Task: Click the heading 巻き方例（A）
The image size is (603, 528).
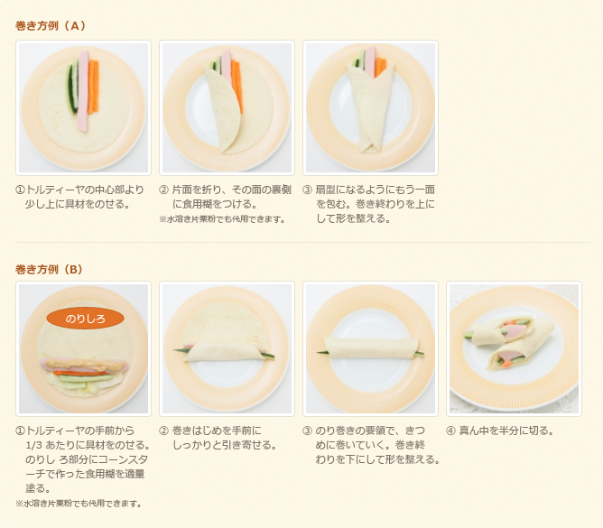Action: [51, 25]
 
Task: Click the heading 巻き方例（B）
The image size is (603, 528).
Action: [50, 269]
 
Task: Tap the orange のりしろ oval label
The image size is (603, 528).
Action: [85, 319]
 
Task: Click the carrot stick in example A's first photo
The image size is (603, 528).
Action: [94, 87]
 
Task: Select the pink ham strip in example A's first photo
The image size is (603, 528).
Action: [83, 90]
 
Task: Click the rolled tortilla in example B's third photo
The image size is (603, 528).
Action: [370, 347]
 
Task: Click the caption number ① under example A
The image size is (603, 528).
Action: [20, 190]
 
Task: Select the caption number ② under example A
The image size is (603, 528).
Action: [163, 190]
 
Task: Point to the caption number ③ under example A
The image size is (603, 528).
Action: [308, 190]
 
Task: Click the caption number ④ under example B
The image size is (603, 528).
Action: [451, 431]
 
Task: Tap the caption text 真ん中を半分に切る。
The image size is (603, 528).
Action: [506, 431]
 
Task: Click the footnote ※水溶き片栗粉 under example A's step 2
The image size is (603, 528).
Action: [221, 218]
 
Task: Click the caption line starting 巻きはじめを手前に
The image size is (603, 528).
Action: [217, 431]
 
